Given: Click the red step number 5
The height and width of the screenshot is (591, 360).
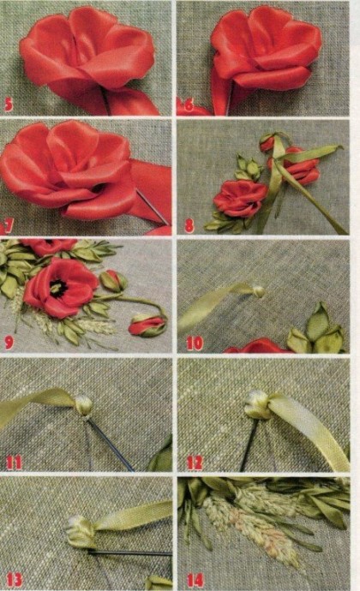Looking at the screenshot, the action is tap(8, 104).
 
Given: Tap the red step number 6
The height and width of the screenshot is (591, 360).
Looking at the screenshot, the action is tap(189, 104).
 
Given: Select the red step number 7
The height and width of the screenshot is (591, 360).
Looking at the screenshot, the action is tap(9, 225).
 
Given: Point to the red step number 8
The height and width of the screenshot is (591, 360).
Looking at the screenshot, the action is tap(189, 225).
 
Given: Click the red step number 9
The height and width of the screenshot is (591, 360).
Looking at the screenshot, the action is tap(9, 343).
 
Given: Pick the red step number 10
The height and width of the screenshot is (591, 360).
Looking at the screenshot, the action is tap(195, 343).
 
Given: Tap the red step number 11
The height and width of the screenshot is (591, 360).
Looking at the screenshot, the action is tap(14, 463).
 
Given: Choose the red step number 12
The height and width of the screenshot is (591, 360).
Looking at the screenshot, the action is tap(195, 463).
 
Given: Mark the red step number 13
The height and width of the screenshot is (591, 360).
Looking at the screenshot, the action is tap(14, 580).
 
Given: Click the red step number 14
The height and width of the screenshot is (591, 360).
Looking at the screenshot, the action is tap(195, 580).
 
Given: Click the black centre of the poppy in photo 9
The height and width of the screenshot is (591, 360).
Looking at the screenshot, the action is tap(57, 289).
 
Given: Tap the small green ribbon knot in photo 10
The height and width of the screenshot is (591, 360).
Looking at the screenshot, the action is tap(259, 291).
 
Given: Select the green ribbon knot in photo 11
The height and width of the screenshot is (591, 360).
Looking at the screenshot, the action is tap(83, 405).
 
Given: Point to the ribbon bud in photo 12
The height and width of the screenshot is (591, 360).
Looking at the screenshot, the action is tap(258, 405).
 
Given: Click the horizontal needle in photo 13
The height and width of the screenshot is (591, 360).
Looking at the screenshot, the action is tap(129, 553).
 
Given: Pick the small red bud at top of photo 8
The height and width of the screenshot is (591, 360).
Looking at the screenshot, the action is tap(267, 143).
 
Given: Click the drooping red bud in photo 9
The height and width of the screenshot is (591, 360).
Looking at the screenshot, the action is tap(147, 325).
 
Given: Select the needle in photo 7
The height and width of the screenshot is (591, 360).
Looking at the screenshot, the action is tap(153, 207).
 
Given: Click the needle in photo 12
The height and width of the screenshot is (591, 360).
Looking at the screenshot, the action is tap(249, 445).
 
